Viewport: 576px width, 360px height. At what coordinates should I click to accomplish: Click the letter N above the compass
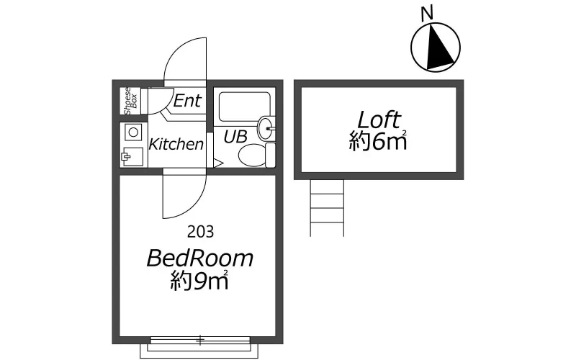427,14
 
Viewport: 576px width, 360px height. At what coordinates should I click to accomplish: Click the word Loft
379,120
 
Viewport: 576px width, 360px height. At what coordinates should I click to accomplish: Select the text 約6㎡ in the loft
378,141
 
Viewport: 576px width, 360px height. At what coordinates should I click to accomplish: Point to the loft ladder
327,208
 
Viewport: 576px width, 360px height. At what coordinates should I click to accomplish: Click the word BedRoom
200,258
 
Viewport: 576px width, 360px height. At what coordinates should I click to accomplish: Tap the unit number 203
201,231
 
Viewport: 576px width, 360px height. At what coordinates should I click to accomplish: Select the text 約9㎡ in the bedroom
199,281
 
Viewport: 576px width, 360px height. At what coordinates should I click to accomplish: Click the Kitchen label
176,144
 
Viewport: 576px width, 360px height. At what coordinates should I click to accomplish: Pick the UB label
235,137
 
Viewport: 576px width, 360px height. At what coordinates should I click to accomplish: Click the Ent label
187,100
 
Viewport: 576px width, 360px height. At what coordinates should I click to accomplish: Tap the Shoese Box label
130,101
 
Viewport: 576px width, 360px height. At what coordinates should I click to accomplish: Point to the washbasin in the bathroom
266,128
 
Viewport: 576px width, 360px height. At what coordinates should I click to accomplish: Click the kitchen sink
132,157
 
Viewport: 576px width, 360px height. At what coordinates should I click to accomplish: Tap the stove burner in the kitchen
133,132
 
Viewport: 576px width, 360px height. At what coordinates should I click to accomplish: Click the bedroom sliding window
200,340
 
